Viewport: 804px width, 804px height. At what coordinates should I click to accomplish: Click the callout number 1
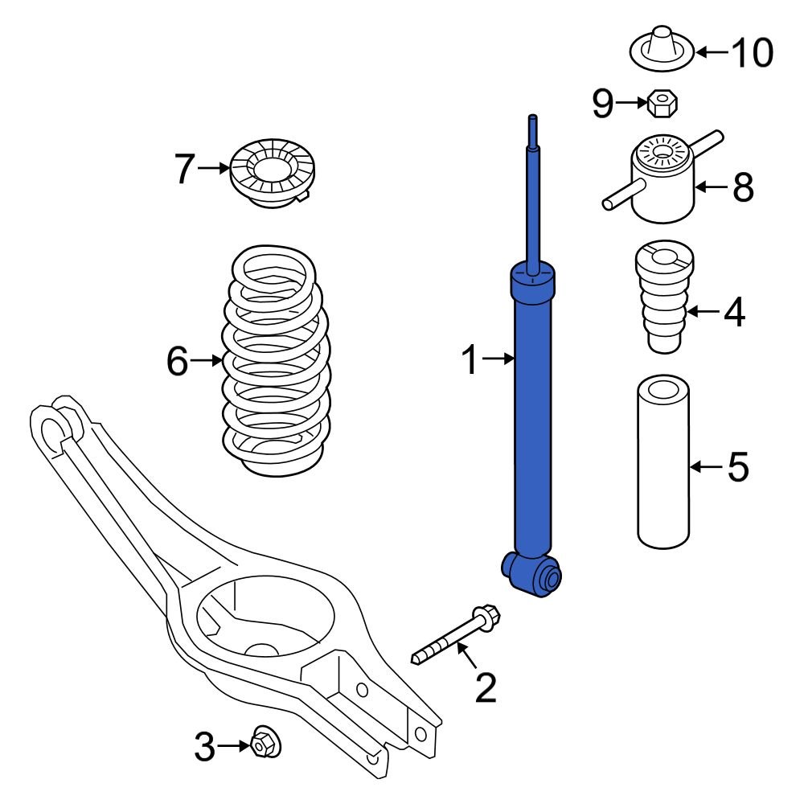coord(471,361)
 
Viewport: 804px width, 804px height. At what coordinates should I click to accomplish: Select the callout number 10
coord(752,53)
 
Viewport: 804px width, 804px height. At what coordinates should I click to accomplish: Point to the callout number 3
coord(205,748)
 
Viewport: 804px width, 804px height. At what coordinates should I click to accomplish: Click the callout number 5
coord(737,467)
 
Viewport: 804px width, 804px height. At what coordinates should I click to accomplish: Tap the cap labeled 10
coord(660,50)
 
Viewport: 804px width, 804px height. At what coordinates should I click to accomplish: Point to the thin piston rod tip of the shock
coord(531,129)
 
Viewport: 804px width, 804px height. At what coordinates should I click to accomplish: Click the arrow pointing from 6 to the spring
coord(206,361)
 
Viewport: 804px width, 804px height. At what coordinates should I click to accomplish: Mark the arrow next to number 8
coord(710,187)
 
